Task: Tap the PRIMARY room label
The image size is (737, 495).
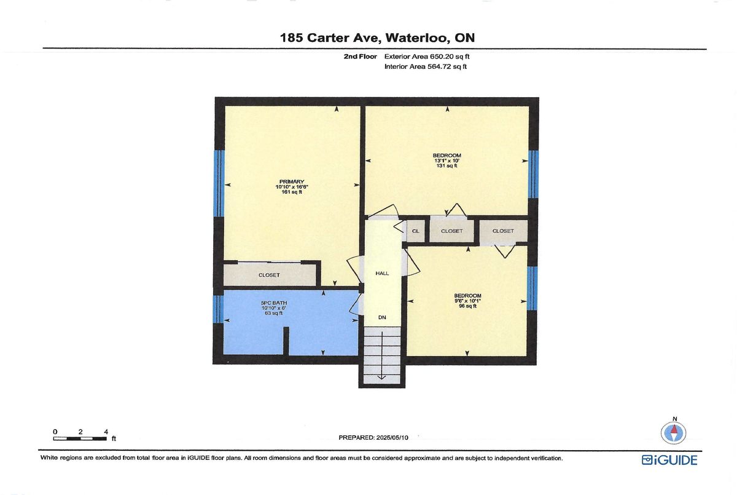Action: (x=292, y=181)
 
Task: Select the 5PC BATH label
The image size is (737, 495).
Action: (x=274, y=303)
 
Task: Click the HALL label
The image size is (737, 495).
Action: (x=382, y=273)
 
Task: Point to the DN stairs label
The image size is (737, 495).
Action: (x=382, y=317)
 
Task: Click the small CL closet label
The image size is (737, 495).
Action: (x=416, y=231)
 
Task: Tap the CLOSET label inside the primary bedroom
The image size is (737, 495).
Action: (x=269, y=275)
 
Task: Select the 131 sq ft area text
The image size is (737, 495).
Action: (x=446, y=165)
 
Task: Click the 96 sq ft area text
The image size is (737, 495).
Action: (x=467, y=306)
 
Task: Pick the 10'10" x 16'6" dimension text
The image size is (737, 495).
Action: (x=292, y=187)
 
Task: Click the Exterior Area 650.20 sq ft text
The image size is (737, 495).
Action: (x=427, y=57)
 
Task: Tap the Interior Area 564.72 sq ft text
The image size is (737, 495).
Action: (x=426, y=66)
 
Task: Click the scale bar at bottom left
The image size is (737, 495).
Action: (x=80, y=438)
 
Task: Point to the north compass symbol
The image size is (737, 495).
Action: (x=674, y=433)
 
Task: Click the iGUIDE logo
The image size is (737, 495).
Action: (x=669, y=460)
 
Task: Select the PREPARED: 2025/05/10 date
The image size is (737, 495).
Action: (x=373, y=438)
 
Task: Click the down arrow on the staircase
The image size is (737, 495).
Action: (x=381, y=355)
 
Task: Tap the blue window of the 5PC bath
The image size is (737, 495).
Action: (x=218, y=309)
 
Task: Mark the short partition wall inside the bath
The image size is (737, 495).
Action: (x=286, y=341)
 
